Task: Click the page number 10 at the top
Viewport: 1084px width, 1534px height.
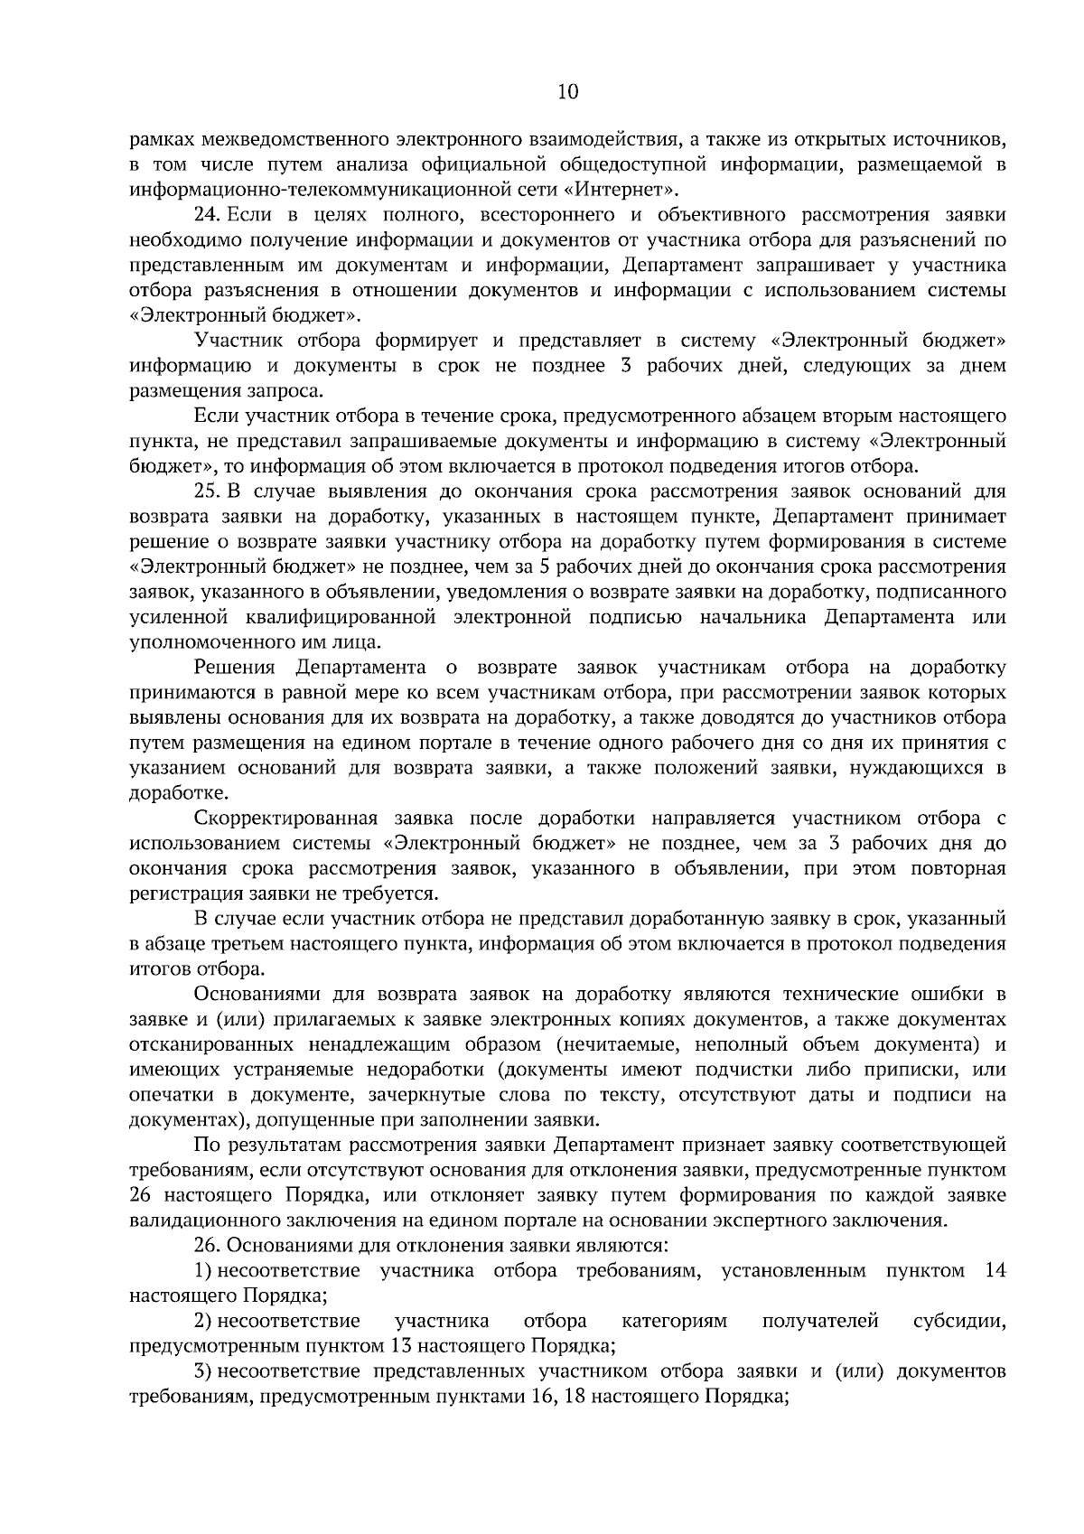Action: [568, 91]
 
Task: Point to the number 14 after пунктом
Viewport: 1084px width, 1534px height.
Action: [994, 1271]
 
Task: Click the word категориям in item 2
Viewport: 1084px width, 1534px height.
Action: [675, 1322]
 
